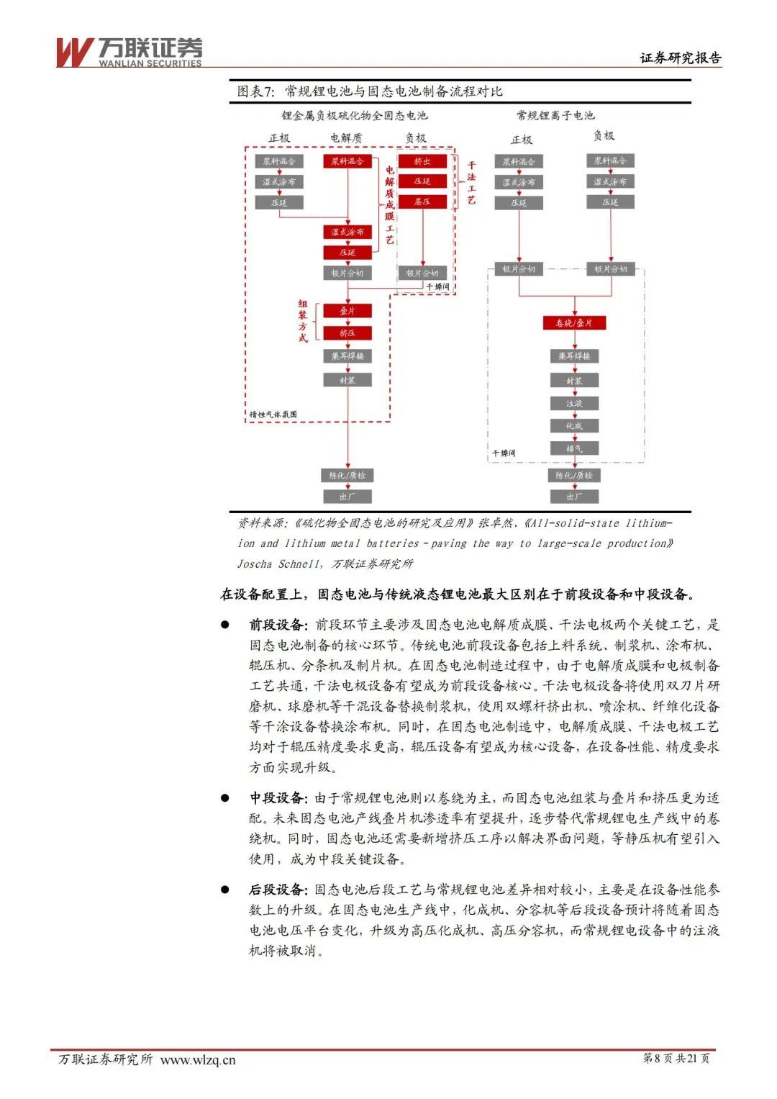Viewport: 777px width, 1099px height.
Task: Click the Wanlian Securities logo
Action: tap(129, 52)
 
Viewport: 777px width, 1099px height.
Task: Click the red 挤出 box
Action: tap(422, 161)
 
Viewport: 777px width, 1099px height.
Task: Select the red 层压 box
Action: tap(422, 202)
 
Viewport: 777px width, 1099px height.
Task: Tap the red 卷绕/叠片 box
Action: tap(573, 323)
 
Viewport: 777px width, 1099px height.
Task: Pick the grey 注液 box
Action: tap(573, 404)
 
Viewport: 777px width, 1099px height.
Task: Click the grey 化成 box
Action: tap(573, 426)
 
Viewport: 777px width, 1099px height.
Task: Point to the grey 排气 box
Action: tap(573, 448)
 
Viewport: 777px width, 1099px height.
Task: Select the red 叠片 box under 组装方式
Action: tap(347, 311)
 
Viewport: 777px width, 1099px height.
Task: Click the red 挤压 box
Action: tap(347, 333)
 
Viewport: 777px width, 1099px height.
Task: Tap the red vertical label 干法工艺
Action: tap(471, 183)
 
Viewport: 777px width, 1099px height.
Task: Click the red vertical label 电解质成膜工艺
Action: tap(389, 205)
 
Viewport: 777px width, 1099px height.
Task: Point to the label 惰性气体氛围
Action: tap(273, 415)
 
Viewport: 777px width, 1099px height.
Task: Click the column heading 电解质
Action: tap(346, 137)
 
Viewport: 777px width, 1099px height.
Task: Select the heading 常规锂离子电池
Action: tap(555, 115)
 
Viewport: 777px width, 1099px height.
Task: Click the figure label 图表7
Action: tap(256, 91)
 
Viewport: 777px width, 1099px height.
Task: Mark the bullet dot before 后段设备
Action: tap(225, 890)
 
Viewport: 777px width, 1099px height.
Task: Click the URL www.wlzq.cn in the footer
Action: tap(198, 1059)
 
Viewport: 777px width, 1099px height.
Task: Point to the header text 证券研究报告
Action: tap(680, 58)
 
